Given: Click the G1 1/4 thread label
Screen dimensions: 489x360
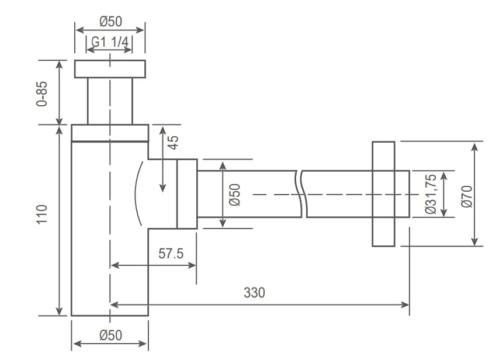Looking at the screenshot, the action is click(110, 42).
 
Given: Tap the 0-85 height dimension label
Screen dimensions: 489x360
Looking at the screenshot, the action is click(42, 94).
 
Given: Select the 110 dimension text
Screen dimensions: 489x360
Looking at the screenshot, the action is click(42, 214).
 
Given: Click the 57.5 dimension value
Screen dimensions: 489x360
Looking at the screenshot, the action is click(171, 253).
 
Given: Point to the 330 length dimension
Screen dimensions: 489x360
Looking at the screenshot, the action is click(254, 293).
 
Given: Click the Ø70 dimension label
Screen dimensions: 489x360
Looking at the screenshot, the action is click(467, 196).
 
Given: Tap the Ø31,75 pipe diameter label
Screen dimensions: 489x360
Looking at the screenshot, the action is click(431, 193).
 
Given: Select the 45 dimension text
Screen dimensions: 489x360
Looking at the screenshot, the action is click(173, 142).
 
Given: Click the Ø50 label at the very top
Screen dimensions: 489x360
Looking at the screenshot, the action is click(110, 22).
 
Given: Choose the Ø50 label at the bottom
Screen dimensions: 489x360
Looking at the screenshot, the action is click(110, 335).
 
